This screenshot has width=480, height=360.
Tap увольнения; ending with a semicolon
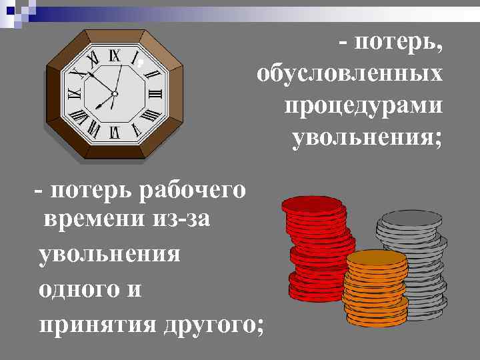(366, 139)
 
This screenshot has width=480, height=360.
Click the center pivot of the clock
(114, 94)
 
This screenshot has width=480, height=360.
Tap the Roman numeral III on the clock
(156, 94)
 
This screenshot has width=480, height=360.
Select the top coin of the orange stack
(377, 260)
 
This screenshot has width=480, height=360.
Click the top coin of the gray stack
(410, 219)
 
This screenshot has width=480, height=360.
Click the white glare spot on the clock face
(140, 64)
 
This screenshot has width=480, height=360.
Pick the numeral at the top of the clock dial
(114, 57)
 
